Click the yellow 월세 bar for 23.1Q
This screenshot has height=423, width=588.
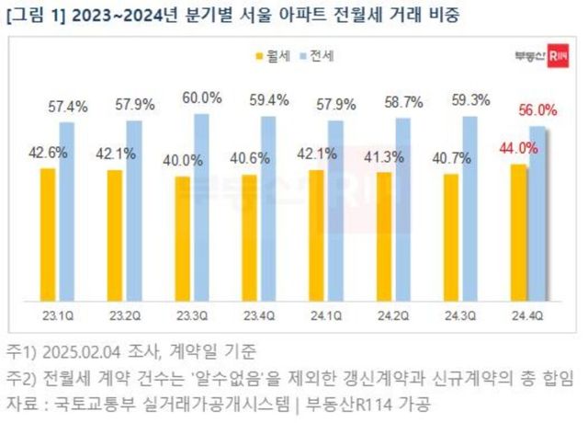coord(48,234)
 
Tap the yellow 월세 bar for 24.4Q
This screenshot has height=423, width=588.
coord(519,233)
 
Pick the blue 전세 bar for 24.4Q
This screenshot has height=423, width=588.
coord(538,213)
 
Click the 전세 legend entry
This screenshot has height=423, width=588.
coord(317,55)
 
